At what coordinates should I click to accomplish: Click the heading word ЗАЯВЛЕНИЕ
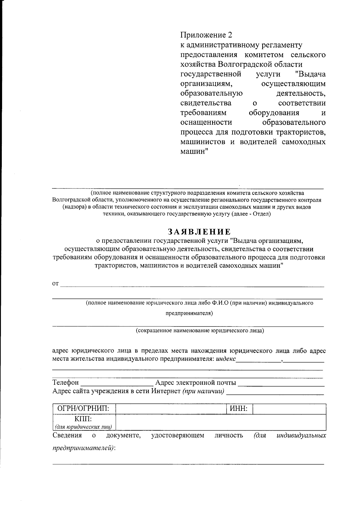(x=199, y=232)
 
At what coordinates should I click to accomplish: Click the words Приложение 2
(x=206, y=35)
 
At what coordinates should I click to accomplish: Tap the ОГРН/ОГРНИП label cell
(x=84, y=408)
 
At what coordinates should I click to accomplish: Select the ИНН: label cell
(x=238, y=408)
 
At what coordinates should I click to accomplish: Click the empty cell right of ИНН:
(x=289, y=409)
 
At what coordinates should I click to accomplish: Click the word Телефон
(x=65, y=382)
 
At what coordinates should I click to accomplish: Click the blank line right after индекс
(x=258, y=360)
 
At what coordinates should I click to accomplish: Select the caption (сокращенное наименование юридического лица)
(x=199, y=331)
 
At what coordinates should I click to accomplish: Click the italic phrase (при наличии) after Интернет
(x=203, y=391)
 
